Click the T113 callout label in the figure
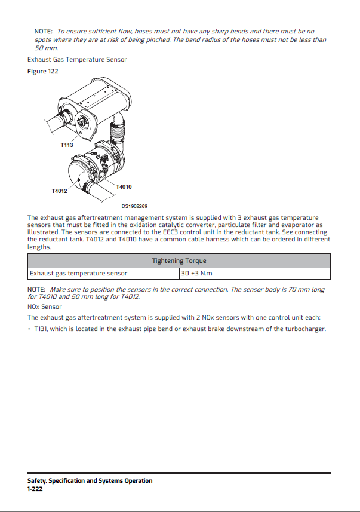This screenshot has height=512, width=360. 66,145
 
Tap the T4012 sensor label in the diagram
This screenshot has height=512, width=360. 59,191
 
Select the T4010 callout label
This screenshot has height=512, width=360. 124,187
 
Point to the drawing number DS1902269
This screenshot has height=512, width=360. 134,206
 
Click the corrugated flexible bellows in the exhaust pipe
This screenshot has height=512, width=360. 117,127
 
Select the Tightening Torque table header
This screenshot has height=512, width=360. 179,260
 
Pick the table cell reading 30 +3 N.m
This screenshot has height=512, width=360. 196,274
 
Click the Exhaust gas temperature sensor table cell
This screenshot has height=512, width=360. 78,274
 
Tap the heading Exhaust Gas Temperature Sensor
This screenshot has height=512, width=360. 77,59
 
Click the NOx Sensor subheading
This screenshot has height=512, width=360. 45,306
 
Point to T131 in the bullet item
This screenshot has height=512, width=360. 40,329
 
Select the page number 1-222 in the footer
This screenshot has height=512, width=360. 34,489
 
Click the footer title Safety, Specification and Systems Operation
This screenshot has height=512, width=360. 90,480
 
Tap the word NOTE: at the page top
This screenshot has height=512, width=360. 44,30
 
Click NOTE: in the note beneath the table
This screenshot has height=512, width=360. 36,289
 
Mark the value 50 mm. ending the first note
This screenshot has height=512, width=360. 47,47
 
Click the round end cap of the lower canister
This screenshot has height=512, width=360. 82,176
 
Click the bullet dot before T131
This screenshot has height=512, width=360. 29,329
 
